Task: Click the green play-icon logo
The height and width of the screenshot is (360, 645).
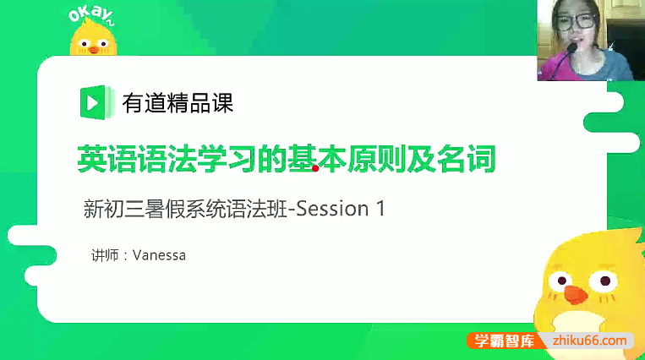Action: (91, 102)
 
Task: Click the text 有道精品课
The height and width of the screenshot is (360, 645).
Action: (178, 103)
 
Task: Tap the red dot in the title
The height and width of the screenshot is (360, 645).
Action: (315, 168)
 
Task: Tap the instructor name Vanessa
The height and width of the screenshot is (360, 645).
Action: (158, 254)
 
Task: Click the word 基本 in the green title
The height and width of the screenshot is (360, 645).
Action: (307, 158)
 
